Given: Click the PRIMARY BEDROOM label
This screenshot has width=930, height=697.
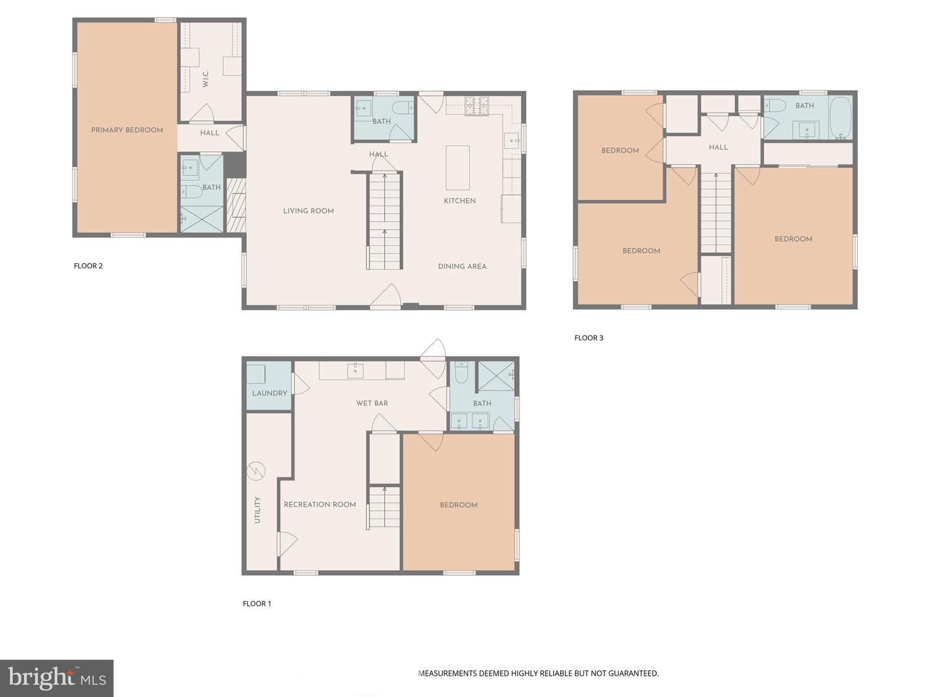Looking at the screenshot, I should [x=127, y=130].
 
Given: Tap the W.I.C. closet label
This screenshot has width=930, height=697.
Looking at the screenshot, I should [x=205, y=79].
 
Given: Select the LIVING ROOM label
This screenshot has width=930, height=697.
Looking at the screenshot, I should [x=308, y=211].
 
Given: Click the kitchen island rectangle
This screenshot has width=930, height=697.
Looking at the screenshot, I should [x=457, y=167].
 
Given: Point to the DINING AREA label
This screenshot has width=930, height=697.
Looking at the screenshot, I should [x=462, y=266].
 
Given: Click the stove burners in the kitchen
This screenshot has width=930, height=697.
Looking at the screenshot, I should [x=477, y=102].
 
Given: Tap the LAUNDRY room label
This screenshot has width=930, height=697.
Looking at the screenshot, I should [x=269, y=393].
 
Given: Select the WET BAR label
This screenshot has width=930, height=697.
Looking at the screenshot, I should [x=372, y=403].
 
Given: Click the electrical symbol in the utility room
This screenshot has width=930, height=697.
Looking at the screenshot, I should [x=256, y=471].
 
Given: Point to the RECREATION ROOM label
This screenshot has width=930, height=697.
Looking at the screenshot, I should [x=320, y=505].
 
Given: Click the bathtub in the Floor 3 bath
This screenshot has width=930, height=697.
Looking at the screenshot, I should [x=840, y=118].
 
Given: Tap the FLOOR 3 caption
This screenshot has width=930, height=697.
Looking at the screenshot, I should [x=588, y=338].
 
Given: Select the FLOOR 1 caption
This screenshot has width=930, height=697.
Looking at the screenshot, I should [x=256, y=603].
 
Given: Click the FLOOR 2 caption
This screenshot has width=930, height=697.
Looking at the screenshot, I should [x=88, y=266].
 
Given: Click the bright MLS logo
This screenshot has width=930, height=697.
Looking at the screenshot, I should [x=57, y=678].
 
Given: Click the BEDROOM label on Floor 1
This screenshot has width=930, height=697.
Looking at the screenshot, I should [x=459, y=505].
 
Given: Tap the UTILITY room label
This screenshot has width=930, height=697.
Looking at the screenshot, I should [x=257, y=510].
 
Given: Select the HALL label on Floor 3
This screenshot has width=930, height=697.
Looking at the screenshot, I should [x=718, y=147].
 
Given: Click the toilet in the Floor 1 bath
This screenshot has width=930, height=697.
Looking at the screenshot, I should [x=461, y=373].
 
